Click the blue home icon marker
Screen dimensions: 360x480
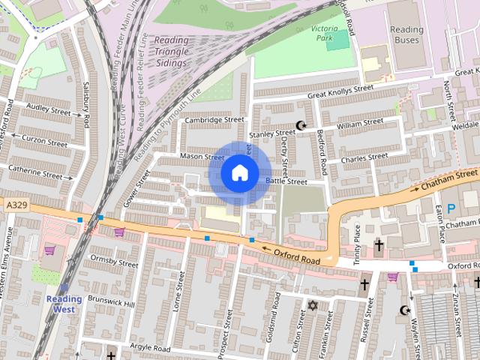tap(239, 173)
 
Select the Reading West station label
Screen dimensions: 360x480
tap(64, 304)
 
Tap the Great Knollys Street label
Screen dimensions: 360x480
tap(341, 91)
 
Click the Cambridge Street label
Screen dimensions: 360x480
tap(214, 119)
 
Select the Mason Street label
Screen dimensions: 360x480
tap(202, 156)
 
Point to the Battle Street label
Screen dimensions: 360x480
tap(286, 181)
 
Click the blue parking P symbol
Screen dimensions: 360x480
tap(451, 208)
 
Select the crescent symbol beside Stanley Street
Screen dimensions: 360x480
tap(301, 125)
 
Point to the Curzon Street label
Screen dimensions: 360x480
tap(44, 141)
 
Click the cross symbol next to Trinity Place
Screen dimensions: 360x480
tap(379, 245)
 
